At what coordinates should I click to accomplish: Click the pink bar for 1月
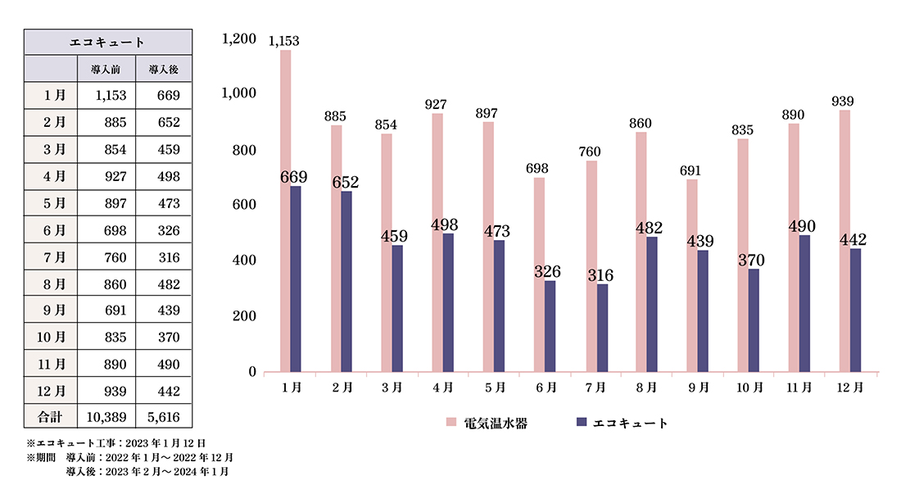pos(285,211)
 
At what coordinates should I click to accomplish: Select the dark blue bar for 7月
pos(603,327)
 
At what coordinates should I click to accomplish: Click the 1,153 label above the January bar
pos(283,42)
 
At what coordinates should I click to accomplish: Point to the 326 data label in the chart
pos(549,271)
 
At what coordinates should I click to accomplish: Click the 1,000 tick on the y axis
pos(239,94)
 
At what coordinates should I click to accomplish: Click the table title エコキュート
pos(108,42)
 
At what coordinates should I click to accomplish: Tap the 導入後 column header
pos(164,69)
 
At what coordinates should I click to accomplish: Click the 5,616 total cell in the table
pos(163,417)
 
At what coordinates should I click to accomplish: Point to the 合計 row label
pos(51,417)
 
